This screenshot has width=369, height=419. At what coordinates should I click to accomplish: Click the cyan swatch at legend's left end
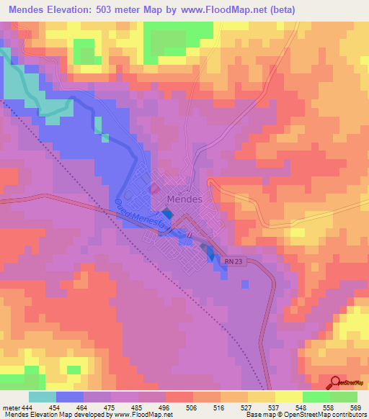click(43, 397)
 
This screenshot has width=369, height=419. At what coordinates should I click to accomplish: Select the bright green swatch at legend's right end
click(344, 397)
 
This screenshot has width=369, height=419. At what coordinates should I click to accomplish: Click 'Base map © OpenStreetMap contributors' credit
click(306, 414)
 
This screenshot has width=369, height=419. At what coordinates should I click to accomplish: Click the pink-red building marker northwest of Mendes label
click(154, 189)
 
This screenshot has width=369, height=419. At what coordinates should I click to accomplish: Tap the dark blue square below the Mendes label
click(167, 214)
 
